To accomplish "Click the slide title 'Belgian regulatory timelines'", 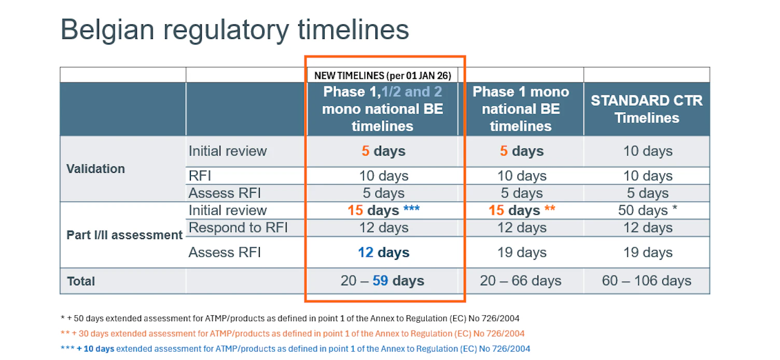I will tap(235, 30).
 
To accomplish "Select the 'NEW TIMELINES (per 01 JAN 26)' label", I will tap(383, 75).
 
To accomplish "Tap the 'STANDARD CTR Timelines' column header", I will tap(647, 109).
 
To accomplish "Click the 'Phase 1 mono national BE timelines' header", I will tap(521, 109).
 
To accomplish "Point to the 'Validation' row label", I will tap(96, 169).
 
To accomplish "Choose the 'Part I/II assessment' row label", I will tap(124, 235).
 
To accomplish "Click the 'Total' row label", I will tap(81, 281).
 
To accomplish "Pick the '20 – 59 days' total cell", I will tap(383, 281).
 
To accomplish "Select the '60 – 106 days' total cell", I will tap(647, 281).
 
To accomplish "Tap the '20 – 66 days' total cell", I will tap(521, 281).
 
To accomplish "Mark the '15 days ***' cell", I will tap(383, 211).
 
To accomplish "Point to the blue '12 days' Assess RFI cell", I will tap(383, 253).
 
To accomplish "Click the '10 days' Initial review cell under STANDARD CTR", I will tap(648, 151).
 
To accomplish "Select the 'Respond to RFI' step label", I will tap(238, 228).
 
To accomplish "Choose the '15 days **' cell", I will tap(522, 211).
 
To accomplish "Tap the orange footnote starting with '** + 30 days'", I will tap(292, 334).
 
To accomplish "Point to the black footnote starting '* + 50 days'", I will tap(290, 318).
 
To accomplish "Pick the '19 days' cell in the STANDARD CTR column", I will tap(648, 253).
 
